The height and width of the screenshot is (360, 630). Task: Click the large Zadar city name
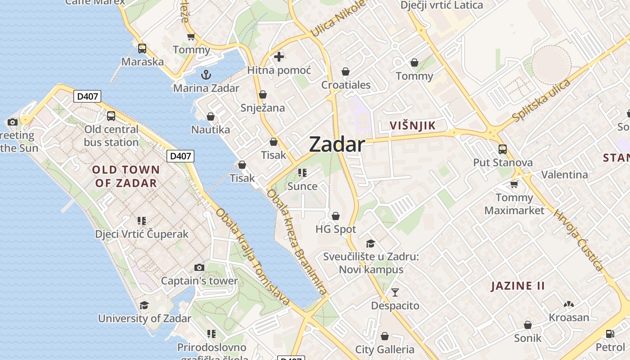tap(337, 144)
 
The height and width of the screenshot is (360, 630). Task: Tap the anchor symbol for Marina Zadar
tap(206, 75)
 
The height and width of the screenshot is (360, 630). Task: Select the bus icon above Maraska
tap(142, 49)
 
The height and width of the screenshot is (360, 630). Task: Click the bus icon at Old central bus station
tap(111, 116)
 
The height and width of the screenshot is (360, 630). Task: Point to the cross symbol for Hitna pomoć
tap(279, 57)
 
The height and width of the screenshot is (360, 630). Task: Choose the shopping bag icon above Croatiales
tap(346, 72)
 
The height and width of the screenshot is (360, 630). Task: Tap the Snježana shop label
tap(263, 108)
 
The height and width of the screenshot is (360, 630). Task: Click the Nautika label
tap(211, 130)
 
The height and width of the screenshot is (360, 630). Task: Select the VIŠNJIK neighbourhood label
tap(413, 126)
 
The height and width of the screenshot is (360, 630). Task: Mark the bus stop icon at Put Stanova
tap(503, 149)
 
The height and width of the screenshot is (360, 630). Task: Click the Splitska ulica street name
tap(541, 100)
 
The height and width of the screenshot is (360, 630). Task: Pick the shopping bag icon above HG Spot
tap(336, 216)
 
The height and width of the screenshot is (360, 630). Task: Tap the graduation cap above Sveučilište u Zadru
tap(371, 243)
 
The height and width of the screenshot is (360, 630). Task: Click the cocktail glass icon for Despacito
tap(395, 292)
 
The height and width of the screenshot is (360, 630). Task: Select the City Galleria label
tap(385, 350)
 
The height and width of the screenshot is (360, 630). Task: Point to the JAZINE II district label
tap(518, 286)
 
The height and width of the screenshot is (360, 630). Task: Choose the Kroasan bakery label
tap(569, 317)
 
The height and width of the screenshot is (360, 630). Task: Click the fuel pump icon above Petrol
tap(610, 334)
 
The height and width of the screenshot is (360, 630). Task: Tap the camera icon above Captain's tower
tap(199, 268)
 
